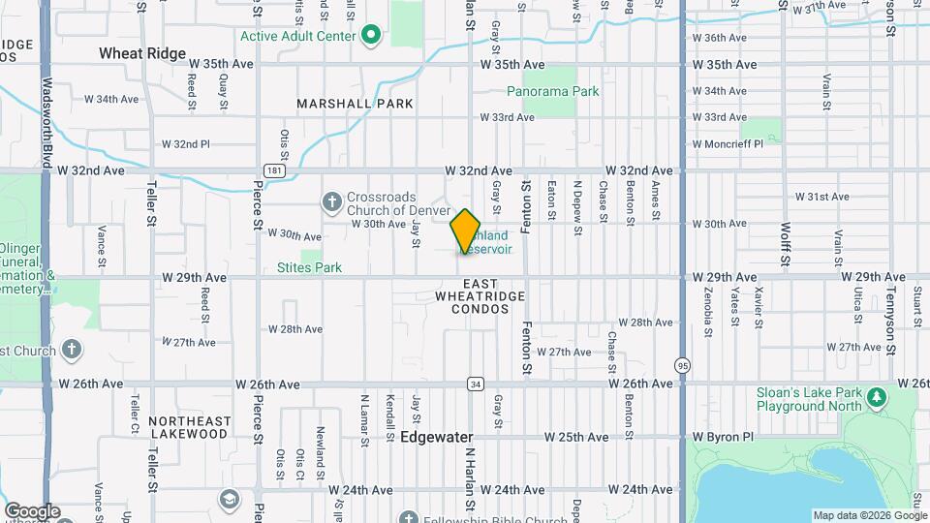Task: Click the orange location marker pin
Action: coord(466,231)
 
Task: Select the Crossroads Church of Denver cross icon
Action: coord(331,202)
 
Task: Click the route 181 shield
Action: coord(277,170)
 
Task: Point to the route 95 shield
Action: coord(683,364)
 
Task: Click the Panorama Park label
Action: coord(553,91)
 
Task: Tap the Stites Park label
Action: coord(309,267)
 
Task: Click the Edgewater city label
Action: coord(436,438)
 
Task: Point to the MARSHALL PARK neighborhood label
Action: coord(356,104)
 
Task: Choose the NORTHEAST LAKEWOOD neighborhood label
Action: coord(190,427)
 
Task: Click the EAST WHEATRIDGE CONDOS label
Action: coord(480,302)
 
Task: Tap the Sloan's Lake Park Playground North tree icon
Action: coord(877,397)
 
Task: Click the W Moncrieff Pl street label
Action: coord(728,143)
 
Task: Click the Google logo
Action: coord(32,511)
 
